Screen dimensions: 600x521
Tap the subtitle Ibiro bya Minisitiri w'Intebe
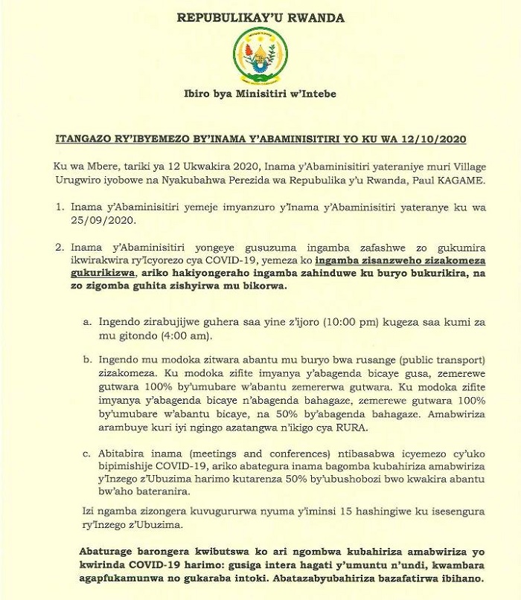(x=260, y=95)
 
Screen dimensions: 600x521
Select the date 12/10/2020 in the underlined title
(x=439, y=140)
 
